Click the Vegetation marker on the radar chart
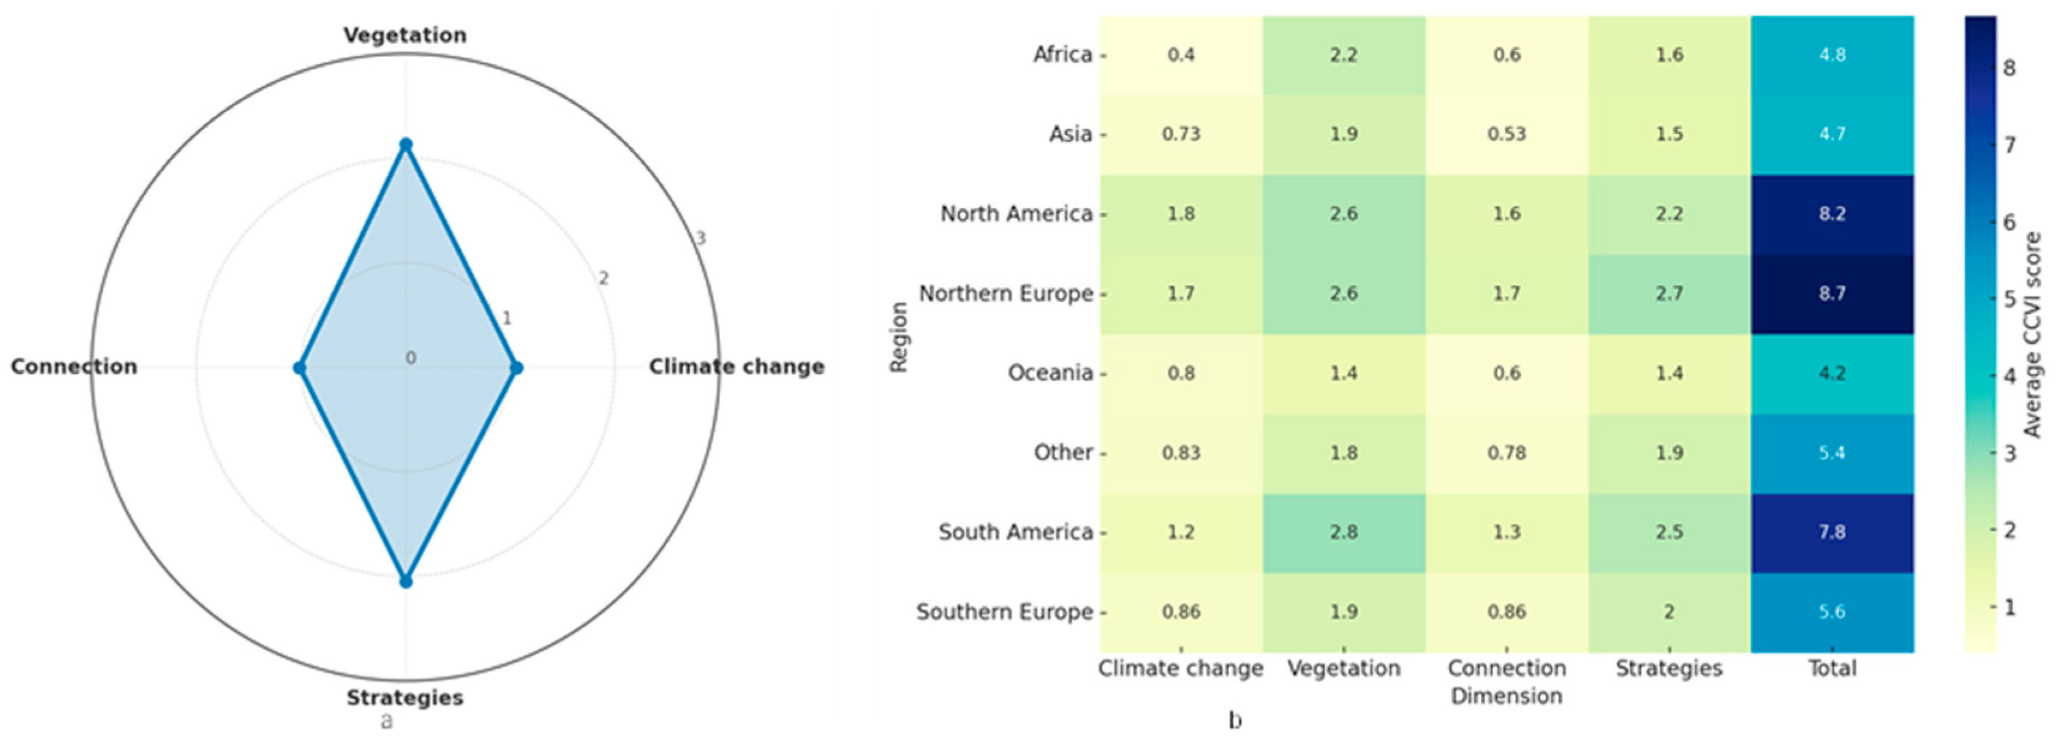(406, 145)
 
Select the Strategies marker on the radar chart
(406, 581)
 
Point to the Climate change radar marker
(516, 368)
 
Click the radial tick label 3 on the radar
(701, 238)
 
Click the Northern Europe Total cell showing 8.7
(1832, 293)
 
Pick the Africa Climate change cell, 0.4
(1181, 55)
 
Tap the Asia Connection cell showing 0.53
(1506, 134)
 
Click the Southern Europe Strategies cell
(1669, 612)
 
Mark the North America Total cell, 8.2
(1832, 214)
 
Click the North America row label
(1016, 214)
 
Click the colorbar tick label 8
(2009, 68)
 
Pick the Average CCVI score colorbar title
(2033, 334)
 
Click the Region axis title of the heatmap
(899, 337)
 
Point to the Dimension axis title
(1506, 696)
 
